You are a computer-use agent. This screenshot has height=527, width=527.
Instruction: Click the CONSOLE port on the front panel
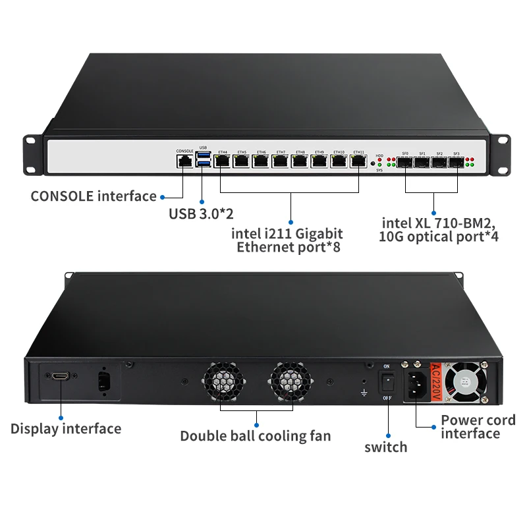[x=184, y=161]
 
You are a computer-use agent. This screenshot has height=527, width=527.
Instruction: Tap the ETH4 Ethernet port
[x=222, y=161]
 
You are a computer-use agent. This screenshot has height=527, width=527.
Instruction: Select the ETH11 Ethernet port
[x=358, y=161]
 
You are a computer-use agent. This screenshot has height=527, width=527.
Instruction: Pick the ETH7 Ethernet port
[x=281, y=161]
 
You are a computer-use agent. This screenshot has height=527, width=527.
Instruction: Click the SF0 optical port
[x=405, y=161]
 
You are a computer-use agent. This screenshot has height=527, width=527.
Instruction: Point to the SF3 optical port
[x=456, y=161]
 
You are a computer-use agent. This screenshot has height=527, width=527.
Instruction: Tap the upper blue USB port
[x=202, y=156]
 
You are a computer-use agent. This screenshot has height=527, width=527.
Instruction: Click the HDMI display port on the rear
[x=60, y=376]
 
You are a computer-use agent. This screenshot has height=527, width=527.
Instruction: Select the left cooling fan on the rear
[x=222, y=383]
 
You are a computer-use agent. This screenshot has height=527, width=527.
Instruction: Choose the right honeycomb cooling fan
[x=289, y=383]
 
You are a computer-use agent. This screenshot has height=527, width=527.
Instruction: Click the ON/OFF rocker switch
[x=387, y=382]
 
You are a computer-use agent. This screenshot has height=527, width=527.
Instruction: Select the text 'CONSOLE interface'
[x=94, y=196]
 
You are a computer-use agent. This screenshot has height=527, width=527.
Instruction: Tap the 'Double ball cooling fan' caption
[x=256, y=435]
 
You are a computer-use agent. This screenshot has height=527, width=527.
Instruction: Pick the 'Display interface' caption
[x=66, y=429]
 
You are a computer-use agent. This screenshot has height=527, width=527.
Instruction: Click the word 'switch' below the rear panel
[x=386, y=447]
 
